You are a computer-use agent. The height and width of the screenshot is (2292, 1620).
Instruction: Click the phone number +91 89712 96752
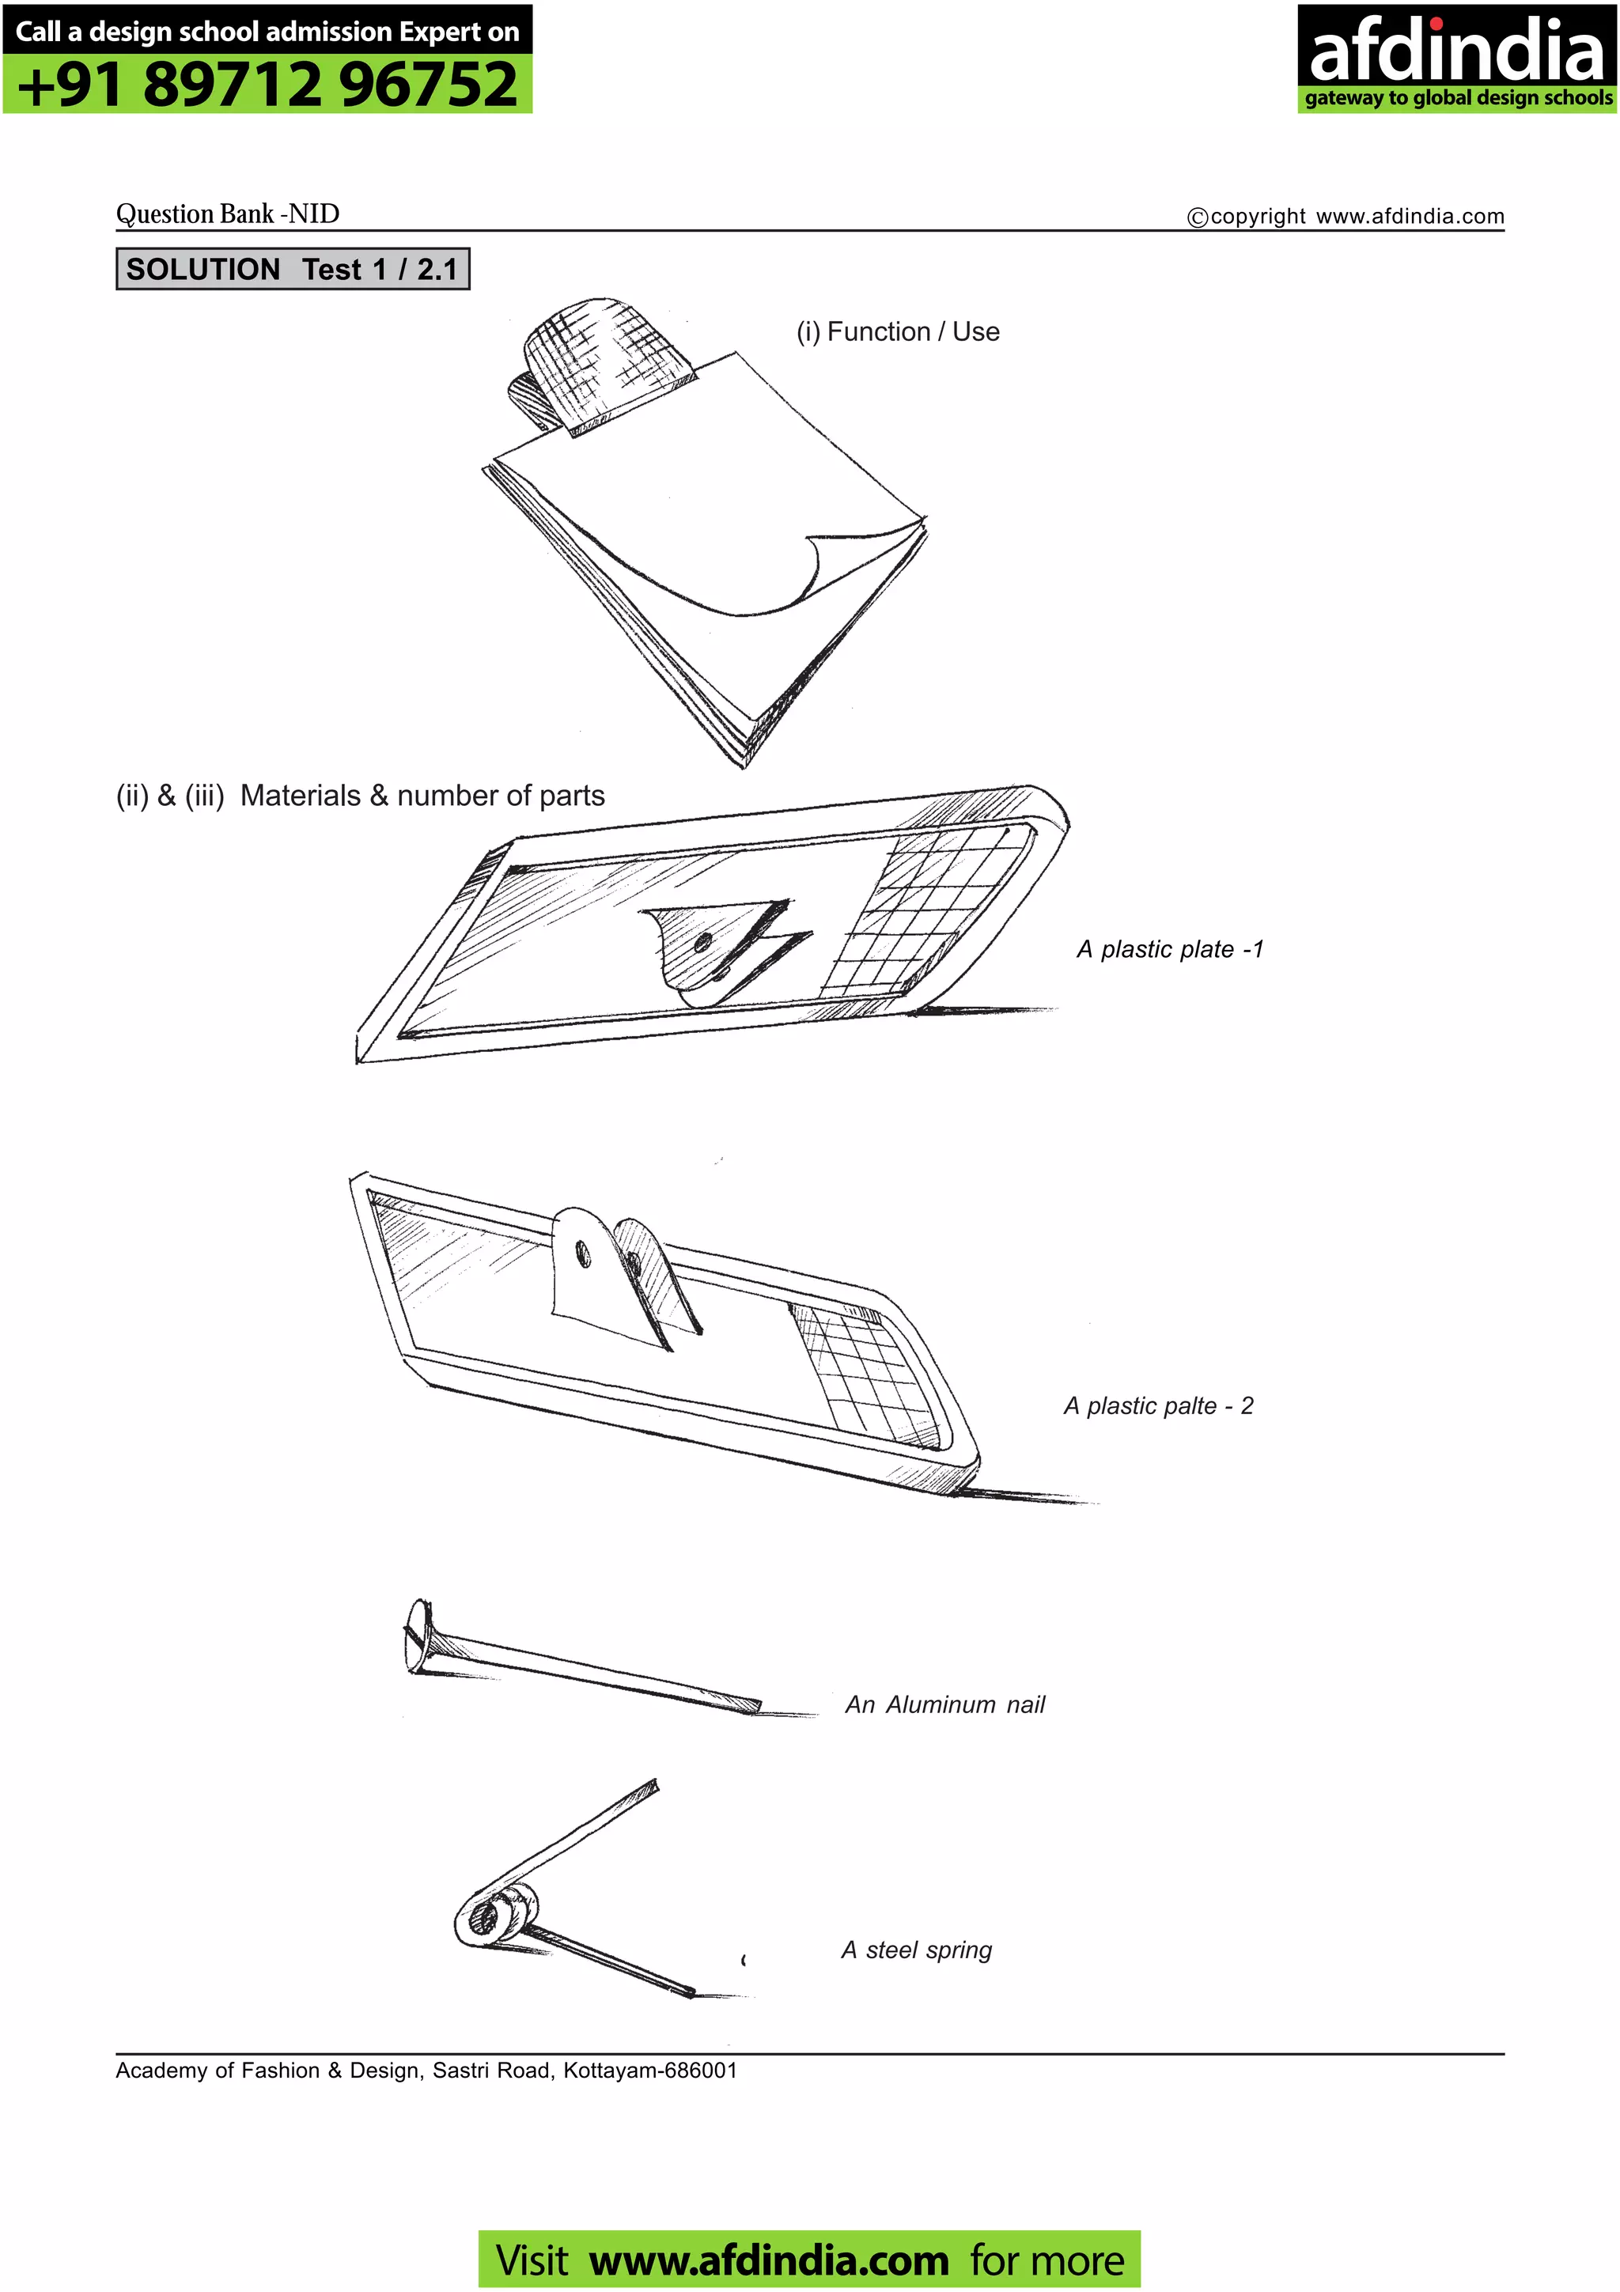[x=267, y=84]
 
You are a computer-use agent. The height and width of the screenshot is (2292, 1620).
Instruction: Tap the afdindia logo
[x=1455, y=57]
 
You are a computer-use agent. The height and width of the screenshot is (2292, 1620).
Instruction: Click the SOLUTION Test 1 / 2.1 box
[x=293, y=270]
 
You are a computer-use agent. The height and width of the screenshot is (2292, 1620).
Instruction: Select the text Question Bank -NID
[x=228, y=214]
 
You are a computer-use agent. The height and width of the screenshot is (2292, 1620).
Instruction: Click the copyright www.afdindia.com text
[x=1346, y=217]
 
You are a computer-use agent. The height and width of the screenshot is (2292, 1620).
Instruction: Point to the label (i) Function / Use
[x=897, y=331]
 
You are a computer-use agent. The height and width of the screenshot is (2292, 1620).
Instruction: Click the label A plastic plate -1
[x=1170, y=949]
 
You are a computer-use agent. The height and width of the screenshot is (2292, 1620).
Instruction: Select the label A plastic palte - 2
[x=1158, y=1405]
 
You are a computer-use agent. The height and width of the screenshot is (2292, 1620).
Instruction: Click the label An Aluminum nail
[x=944, y=1704]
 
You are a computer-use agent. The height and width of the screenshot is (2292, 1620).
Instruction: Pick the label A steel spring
[x=916, y=1950]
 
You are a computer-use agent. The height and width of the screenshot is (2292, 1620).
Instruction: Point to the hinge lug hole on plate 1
[x=702, y=941]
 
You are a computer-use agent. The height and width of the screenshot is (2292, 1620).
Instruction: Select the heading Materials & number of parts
[x=361, y=796]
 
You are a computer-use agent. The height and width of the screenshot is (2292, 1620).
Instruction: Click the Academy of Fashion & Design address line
[x=426, y=2071]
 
